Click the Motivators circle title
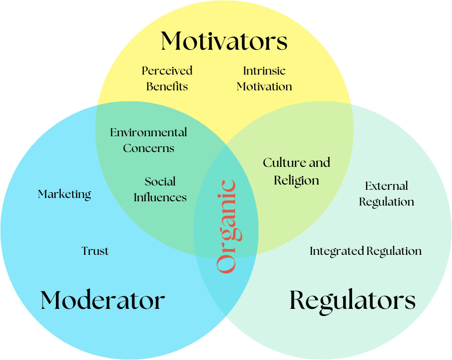(x=224, y=41)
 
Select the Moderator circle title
(x=103, y=301)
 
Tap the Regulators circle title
(x=352, y=301)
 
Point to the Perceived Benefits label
(x=167, y=78)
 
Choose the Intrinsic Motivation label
(x=264, y=78)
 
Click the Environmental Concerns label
(x=149, y=140)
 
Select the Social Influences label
(x=160, y=189)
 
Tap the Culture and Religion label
(x=296, y=171)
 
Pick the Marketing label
(x=65, y=194)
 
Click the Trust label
(x=95, y=251)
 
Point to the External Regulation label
(x=387, y=194)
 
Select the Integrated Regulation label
(x=366, y=251)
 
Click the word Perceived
(x=167, y=71)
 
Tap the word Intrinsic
(x=264, y=71)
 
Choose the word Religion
(x=296, y=181)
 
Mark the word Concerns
(x=149, y=148)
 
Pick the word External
(x=387, y=186)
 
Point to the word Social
(x=160, y=182)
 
